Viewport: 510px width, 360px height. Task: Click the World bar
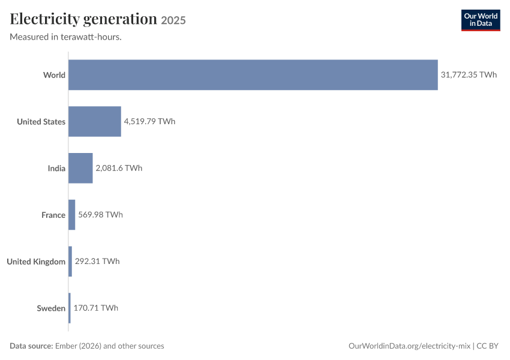pyautogui.click(x=253, y=75)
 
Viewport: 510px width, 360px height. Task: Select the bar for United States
pyautogui.click(x=95, y=122)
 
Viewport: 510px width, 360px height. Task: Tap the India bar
pyautogui.click(x=80, y=168)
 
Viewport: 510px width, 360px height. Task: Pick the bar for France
pyautogui.click(x=72, y=215)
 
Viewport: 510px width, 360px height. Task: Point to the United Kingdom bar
pyautogui.click(x=70, y=262)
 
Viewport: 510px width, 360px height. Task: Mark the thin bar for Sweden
pyautogui.click(x=70, y=308)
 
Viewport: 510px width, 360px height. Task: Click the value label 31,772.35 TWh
pyautogui.click(x=469, y=75)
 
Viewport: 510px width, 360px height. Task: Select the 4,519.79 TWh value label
pyautogui.click(x=149, y=121)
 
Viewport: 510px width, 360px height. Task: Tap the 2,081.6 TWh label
pyautogui.click(x=119, y=168)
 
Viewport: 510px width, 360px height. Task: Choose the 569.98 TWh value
pyautogui.click(x=101, y=215)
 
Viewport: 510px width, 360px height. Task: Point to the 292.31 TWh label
pyautogui.click(x=97, y=262)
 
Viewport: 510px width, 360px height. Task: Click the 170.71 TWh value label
pyautogui.click(x=96, y=308)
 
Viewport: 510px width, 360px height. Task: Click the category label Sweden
pyautogui.click(x=51, y=308)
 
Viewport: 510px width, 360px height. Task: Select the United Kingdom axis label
pyautogui.click(x=36, y=262)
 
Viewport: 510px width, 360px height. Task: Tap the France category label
pyautogui.click(x=53, y=215)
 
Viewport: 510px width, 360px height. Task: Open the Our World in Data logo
pyautogui.click(x=481, y=20)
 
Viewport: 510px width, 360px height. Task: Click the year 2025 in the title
pyautogui.click(x=173, y=20)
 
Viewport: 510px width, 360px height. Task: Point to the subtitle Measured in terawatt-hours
pyautogui.click(x=66, y=37)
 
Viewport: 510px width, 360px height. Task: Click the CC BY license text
pyautogui.click(x=488, y=346)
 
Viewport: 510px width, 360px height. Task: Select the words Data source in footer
pyautogui.click(x=32, y=346)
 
